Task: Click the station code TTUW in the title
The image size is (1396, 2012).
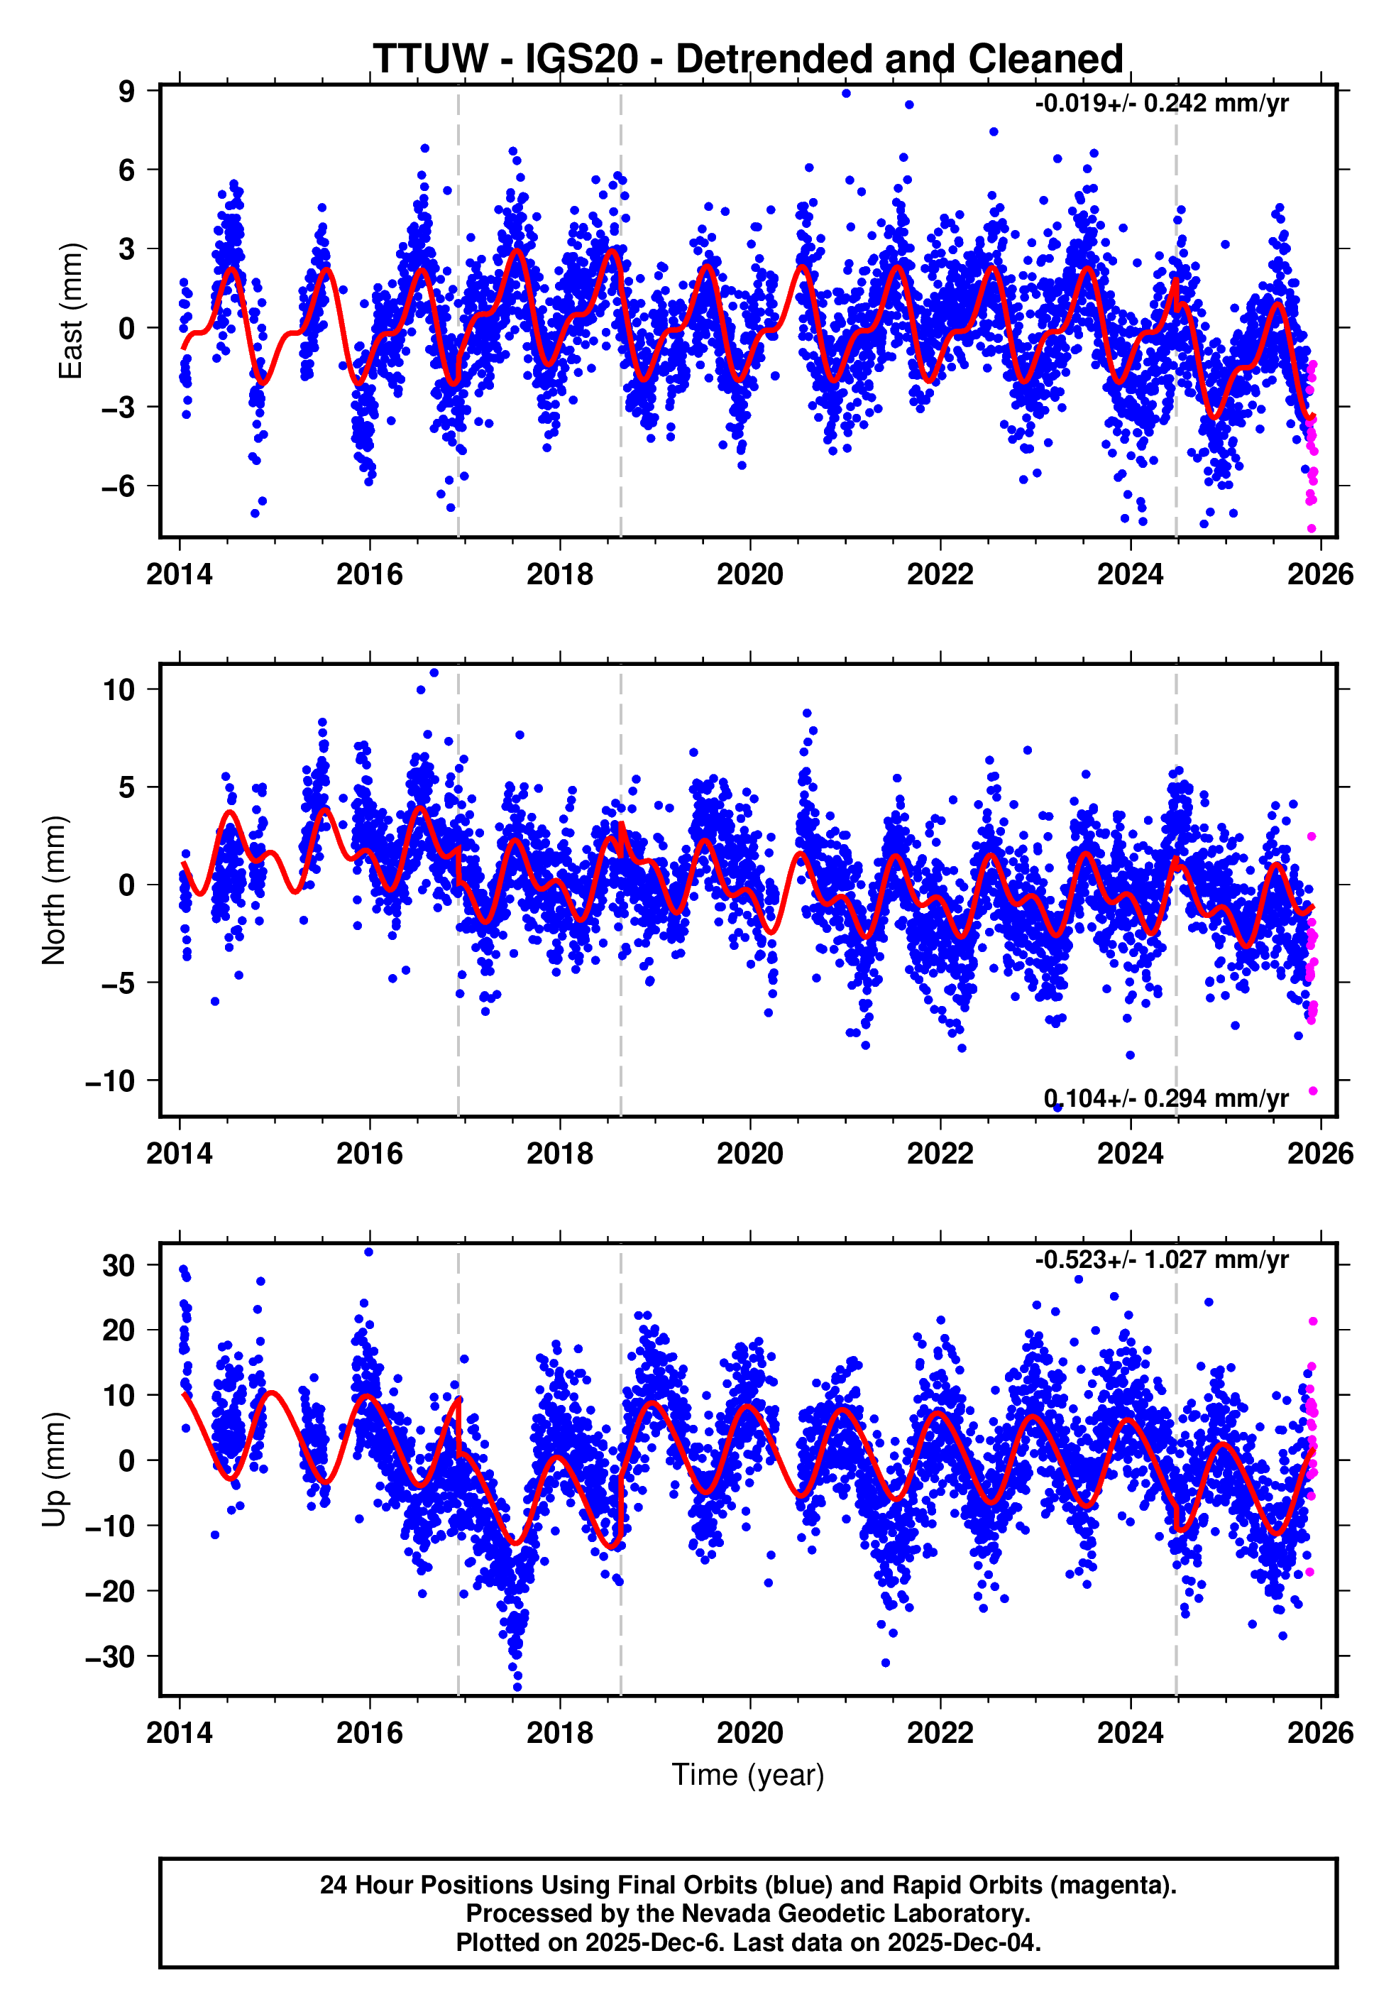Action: click(430, 60)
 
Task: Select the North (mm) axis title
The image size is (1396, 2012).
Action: click(54, 890)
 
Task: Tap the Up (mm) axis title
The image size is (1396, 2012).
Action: click(54, 1469)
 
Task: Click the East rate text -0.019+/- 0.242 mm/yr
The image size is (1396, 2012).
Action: click(1160, 103)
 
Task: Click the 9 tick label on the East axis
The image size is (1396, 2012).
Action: click(127, 91)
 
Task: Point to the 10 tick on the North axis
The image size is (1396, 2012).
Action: click(119, 689)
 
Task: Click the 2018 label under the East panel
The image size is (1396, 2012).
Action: click(560, 575)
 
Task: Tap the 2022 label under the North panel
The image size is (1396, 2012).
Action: click(940, 1154)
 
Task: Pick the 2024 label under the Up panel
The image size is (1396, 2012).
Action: click(1130, 1733)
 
